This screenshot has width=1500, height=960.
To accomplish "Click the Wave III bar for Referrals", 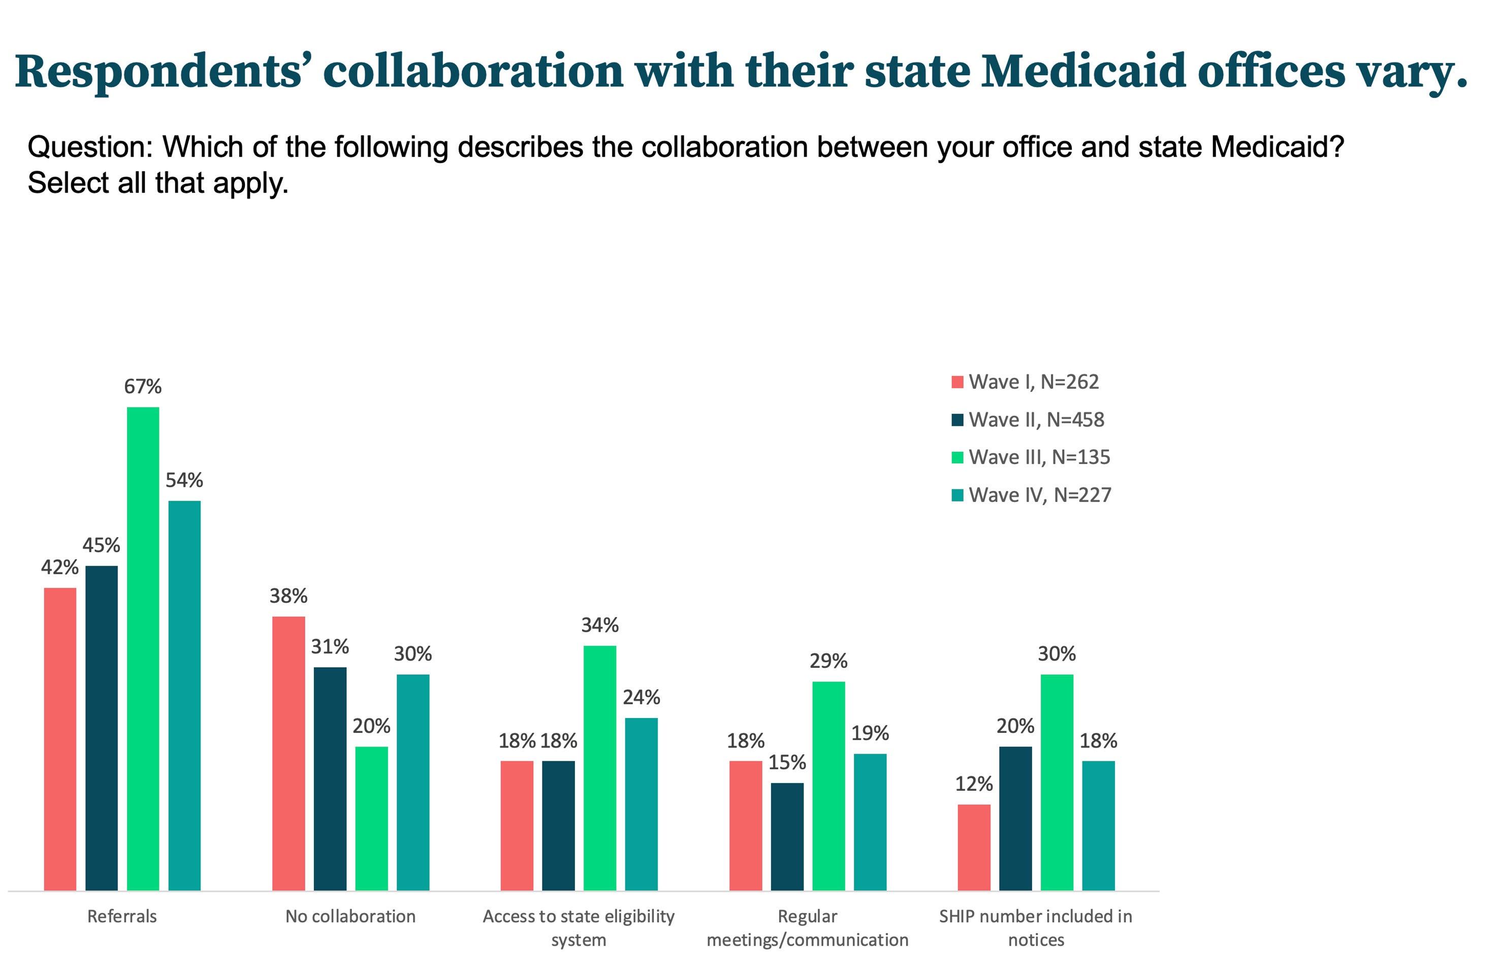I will coord(143,648).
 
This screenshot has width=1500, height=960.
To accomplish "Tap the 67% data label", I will coord(143,387).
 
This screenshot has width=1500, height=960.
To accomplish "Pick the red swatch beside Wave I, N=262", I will coord(958,382).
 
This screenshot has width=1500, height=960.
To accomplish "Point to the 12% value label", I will coord(974,784).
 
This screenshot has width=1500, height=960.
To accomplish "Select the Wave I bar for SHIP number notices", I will coord(974,847).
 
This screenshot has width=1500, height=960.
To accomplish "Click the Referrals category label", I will coord(122,916).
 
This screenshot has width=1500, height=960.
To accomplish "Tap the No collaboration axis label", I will coord(350,916).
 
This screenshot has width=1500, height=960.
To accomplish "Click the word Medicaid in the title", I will coord(1083,71).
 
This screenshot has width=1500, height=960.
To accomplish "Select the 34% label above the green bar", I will coord(599,625).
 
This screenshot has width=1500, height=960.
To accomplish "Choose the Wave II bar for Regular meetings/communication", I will coord(787,837).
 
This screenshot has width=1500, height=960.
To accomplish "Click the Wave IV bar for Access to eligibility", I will coord(641,804).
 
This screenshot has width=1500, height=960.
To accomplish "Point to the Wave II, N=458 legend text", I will coord(1037,420).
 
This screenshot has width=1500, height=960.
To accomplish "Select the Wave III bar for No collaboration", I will coord(371,819).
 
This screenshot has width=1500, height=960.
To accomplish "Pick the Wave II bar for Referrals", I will coord(102,728).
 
